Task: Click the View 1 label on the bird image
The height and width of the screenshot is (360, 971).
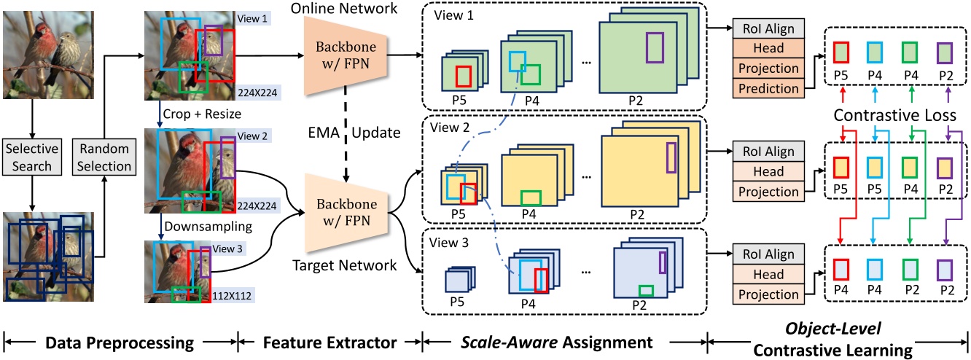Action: coord(251,17)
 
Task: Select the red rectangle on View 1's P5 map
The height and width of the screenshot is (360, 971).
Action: coord(461,76)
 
